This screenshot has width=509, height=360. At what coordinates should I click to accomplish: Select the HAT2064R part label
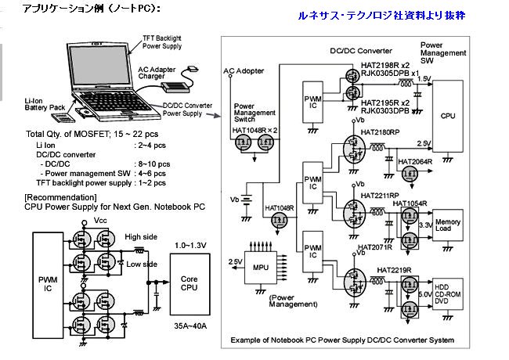pyautogui.click(x=417, y=161)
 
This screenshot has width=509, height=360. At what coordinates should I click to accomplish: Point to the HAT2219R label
pyautogui.click(x=395, y=270)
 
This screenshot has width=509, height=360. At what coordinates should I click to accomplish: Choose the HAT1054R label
pyautogui.click(x=410, y=203)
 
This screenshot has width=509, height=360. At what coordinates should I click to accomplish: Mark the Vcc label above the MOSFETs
pyautogui.click(x=99, y=221)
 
